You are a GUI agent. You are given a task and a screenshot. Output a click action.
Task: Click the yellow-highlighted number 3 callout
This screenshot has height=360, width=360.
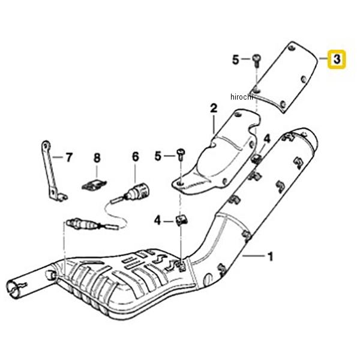click(x=337, y=59)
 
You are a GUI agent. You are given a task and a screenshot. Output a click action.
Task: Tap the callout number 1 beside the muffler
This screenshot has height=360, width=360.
click(x=271, y=256)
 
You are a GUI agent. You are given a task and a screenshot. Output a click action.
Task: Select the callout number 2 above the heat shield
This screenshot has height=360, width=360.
click(x=214, y=109)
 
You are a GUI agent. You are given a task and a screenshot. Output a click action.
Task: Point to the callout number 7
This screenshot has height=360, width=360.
click(x=69, y=157)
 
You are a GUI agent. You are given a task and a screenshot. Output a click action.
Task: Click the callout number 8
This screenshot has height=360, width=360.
click(x=97, y=158)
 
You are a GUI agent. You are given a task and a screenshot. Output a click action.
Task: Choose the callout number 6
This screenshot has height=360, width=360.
click(x=136, y=157)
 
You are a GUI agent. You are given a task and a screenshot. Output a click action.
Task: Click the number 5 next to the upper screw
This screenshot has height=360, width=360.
click(x=236, y=59)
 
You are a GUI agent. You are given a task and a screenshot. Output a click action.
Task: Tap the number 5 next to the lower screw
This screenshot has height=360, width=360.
click(x=158, y=156)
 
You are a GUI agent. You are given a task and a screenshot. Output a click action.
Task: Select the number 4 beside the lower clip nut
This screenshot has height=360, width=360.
click(x=157, y=221)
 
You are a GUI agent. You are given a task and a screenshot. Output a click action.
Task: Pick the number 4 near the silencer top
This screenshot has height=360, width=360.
click(x=267, y=139)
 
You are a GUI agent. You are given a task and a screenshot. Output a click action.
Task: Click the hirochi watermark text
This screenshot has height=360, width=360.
click(x=242, y=97)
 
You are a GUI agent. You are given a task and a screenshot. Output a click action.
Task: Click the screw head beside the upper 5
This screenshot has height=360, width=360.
click(x=256, y=58)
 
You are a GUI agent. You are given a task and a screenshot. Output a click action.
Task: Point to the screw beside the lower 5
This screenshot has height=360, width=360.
click(x=181, y=155)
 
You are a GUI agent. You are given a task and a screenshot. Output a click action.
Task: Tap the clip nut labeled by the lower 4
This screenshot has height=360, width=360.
click(x=182, y=220)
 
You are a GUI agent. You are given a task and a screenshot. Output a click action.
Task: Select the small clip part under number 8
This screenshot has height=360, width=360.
click(x=94, y=185)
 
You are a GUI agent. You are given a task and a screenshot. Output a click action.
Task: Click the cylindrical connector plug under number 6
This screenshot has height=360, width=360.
click(x=140, y=191)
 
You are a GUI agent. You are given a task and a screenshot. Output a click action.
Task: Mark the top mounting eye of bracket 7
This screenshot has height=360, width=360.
click(x=46, y=145)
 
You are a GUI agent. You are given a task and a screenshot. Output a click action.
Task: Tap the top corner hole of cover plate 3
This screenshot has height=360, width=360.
click(x=292, y=48)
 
